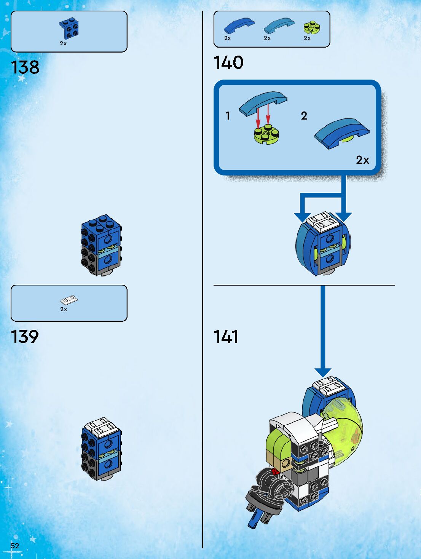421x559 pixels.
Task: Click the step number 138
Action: pyautogui.click(x=25, y=67)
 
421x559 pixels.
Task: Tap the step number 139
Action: pyautogui.click(x=25, y=337)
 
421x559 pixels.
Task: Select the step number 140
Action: pyautogui.click(x=228, y=62)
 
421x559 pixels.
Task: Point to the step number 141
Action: pyautogui.click(x=226, y=337)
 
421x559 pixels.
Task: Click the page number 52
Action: pyautogui.click(x=15, y=545)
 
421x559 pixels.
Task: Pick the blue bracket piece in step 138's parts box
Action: pyautogui.click(x=69, y=29)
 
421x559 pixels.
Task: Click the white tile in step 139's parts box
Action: pyautogui.click(x=69, y=300)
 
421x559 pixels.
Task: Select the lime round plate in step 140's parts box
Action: pyautogui.click(x=311, y=27)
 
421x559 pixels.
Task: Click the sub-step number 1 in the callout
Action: pyautogui.click(x=228, y=115)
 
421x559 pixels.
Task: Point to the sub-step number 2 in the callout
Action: pyautogui.click(x=304, y=115)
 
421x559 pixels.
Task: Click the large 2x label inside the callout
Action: pyautogui.click(x=362, y=160)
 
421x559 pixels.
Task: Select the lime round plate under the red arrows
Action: pyautogui.click(x=266, y=134)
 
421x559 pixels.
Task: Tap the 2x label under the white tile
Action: pyautogui.click(x=64, y=309)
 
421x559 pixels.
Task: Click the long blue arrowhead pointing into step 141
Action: pyautogui.click(x=323, y=372)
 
